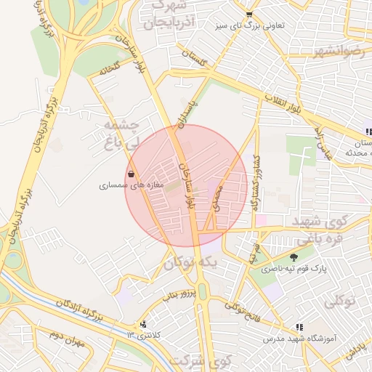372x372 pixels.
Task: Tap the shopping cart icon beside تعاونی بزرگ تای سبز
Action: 249,14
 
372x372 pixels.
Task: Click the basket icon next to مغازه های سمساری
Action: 131,174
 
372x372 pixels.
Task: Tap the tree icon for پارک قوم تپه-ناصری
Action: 294,257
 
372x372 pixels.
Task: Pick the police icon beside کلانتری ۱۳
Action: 143,324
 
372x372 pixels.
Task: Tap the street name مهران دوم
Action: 48,336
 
